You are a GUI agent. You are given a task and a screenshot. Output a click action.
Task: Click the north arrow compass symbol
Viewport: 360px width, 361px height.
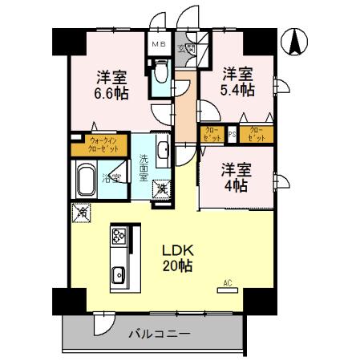coord(294,42)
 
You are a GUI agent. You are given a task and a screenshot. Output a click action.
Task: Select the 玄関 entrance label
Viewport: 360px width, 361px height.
coord(191,48)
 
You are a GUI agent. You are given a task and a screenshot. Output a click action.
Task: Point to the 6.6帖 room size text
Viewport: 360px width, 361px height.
coord(111,95)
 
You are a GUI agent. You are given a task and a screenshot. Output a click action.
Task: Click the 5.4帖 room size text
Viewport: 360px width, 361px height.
coord(239,90)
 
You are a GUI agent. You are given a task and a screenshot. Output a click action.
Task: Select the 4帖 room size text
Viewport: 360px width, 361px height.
coord(236,185)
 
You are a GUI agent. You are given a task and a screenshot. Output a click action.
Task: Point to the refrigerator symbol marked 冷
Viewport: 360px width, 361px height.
coord(81,212)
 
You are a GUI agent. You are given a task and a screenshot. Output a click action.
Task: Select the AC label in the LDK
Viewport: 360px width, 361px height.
coord(227,283)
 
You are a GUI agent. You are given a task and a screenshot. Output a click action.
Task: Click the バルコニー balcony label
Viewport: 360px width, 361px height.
coord(158,334)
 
